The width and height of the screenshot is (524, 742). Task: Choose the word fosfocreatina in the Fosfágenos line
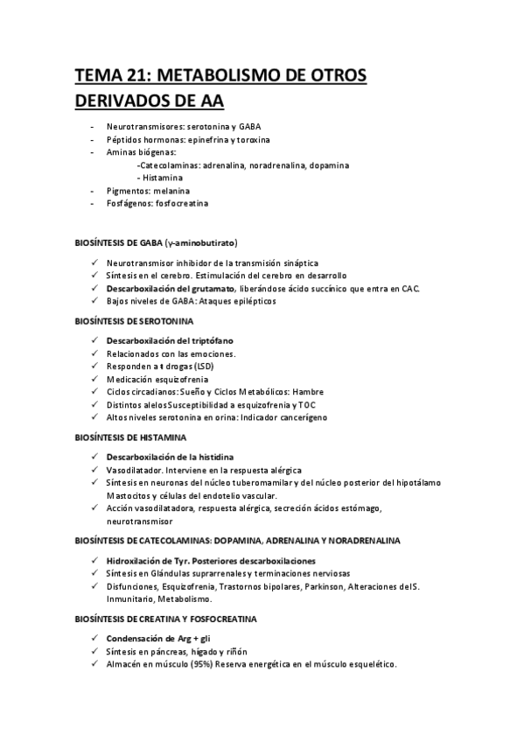pos(181,203)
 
